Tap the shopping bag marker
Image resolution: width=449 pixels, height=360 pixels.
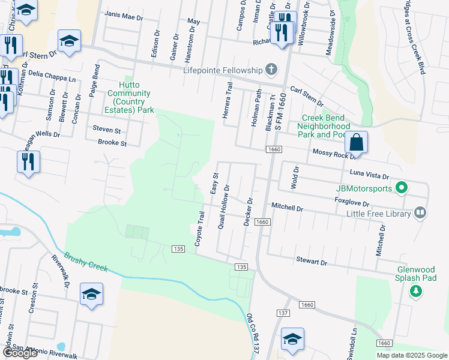[356, 143]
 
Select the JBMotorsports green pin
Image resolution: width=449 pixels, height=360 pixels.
[402, 188]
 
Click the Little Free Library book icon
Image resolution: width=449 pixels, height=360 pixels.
[421, 213]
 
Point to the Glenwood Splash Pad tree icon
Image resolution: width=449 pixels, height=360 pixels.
[415, 291]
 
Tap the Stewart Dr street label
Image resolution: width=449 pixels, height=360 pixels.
[311, 262]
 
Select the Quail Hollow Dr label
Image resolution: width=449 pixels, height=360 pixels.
[224, 205]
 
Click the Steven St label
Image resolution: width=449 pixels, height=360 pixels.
[106, 130]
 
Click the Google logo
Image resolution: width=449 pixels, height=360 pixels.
[20, 353]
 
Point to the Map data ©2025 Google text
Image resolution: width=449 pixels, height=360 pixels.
[411, 355]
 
